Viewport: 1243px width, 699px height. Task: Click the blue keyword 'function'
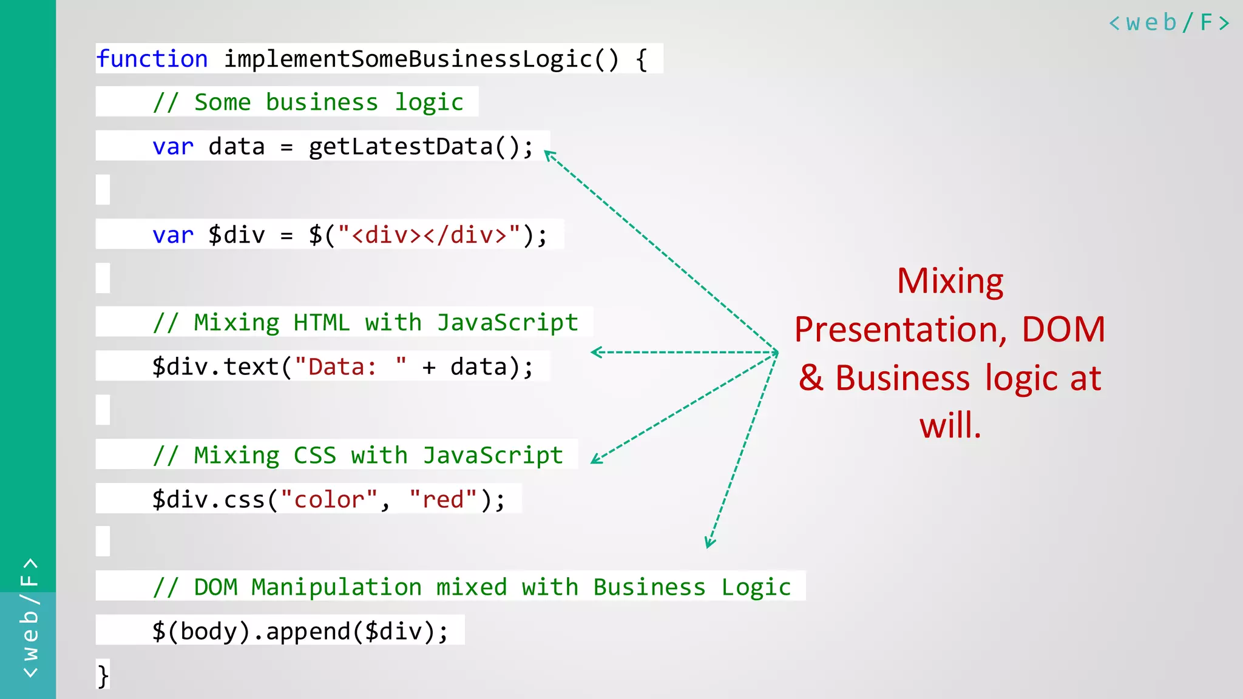pyautogui.click(x=152, y=59)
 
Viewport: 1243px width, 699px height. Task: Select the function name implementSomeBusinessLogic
pyautogui.click(x=408, y=59)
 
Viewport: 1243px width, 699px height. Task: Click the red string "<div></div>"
pyautogui.click(x=429, y=235)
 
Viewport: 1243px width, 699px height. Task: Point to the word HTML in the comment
pyautogui.click(x=322, y=322)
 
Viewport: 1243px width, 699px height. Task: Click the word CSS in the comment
pyautogui.click(x=314, y=455)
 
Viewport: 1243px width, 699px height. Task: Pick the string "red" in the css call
pyautogui.click(x=444, y=499)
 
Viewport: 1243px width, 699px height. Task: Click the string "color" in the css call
pyautogui.click(x=329, y=499)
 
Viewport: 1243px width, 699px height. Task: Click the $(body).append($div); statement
pyautogui.click(x=300, y=632)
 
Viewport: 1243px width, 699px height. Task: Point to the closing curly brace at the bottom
pyautogui.click(x=103, y=675)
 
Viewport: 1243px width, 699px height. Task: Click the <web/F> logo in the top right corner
pyautogui.click(x=1169, y=23)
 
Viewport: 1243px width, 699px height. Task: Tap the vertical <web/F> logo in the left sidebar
pyautogui.click(x=29, y=618)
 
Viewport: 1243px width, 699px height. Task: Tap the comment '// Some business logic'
pyautogui.click(x=308, y=103)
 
